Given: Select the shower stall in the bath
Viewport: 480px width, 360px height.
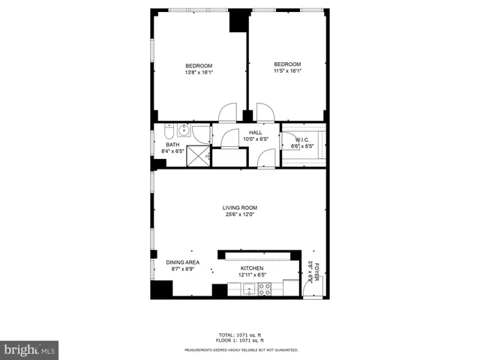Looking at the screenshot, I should (199, 155).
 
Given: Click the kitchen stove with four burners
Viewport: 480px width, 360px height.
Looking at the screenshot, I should (264, 289).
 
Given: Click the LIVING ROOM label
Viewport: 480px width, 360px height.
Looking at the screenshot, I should (240, 208).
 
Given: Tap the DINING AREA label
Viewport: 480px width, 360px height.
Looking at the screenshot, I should (182, 262).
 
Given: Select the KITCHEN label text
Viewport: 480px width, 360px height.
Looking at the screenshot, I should (253, 268).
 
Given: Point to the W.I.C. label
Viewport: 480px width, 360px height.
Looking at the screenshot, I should (302, 139).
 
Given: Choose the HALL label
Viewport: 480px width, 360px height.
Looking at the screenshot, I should (256, 133).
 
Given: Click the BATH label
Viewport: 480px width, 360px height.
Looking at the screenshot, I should (172, 145).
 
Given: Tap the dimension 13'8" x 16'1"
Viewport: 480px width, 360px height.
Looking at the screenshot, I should (199, 72).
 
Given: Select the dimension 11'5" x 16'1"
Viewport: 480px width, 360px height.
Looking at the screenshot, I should (287, 71).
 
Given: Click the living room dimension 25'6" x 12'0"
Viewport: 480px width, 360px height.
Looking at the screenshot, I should (240, 214).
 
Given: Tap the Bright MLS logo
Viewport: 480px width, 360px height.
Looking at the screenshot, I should (30, 349).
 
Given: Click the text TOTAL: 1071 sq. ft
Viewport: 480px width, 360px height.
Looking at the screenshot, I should (240, 334).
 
